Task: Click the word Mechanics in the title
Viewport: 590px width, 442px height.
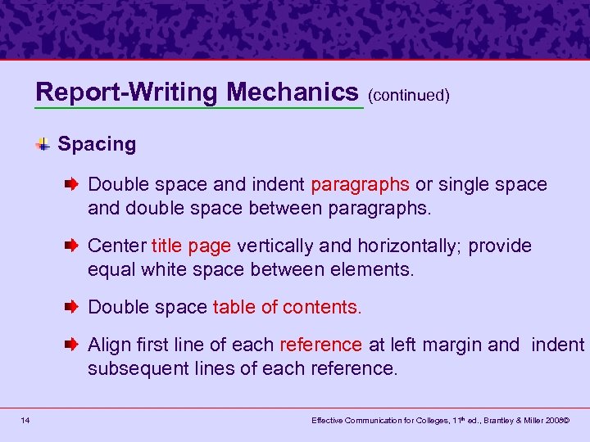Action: tap(293, 91)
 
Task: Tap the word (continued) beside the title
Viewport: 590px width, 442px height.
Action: tap(409, 95)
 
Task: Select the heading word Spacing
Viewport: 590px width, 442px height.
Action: tap(97, 144)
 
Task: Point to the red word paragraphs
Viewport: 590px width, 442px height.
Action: tap(361, 185)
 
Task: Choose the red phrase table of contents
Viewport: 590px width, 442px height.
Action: tap(286, 307)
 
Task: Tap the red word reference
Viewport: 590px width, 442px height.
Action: tap(320, 345)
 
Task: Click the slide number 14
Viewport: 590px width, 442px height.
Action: tap(27, 420)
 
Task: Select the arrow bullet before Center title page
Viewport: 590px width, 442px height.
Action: tap(72, 246)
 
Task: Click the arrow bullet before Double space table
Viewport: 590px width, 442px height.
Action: tap(72, 308)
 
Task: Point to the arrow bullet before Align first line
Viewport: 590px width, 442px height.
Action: tap(72, 345)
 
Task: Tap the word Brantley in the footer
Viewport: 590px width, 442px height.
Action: tap(507, 420)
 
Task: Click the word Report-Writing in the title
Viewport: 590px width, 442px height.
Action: tap(129, 91)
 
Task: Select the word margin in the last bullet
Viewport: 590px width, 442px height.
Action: tap(453, 345)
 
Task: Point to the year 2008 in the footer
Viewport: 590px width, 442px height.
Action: tap(559, 420)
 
